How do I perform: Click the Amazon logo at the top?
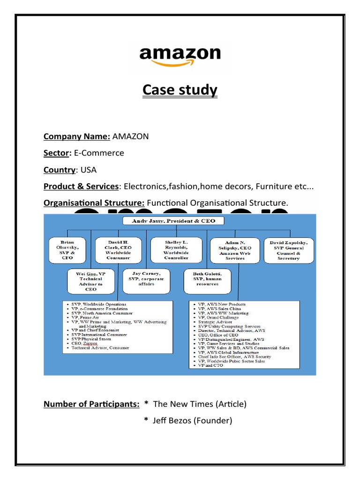click(x=180, y=57)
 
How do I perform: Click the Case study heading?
click(x=180, y=90)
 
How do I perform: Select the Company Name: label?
click(x=77, y=136)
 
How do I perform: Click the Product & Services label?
click(x=81, y=186)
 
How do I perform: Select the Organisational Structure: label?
click(x=94, y=202)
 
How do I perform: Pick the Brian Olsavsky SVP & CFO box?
click(x=68, y=250)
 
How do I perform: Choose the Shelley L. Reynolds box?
click(x=176, y=250)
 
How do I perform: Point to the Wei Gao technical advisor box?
click(x=91, y=280)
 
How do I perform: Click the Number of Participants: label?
click(x=91, y=404)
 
